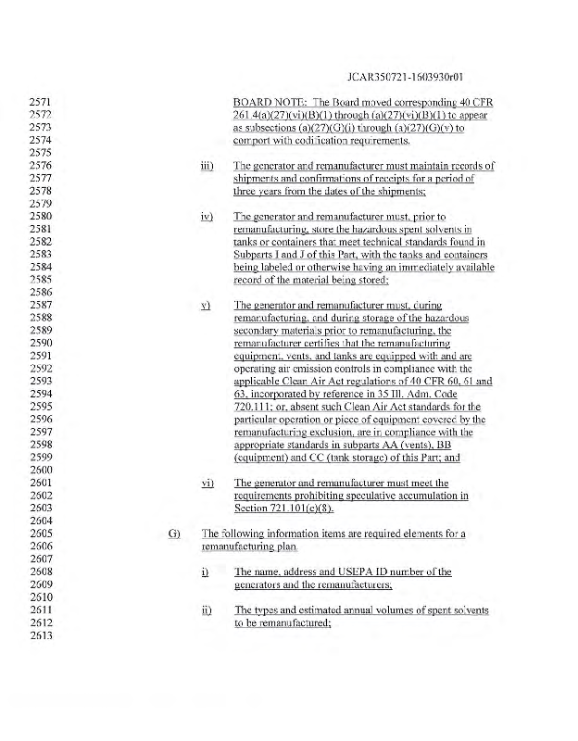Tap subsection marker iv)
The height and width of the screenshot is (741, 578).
pos(207,216)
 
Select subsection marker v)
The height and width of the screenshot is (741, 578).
pos(207,305)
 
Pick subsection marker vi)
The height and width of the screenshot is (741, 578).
pos(207,483)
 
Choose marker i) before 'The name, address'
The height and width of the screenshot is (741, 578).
pos(206,571)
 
